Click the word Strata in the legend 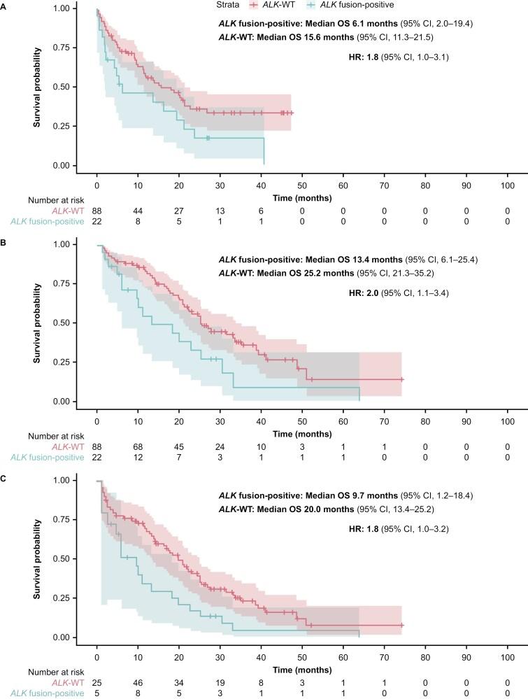226,5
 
